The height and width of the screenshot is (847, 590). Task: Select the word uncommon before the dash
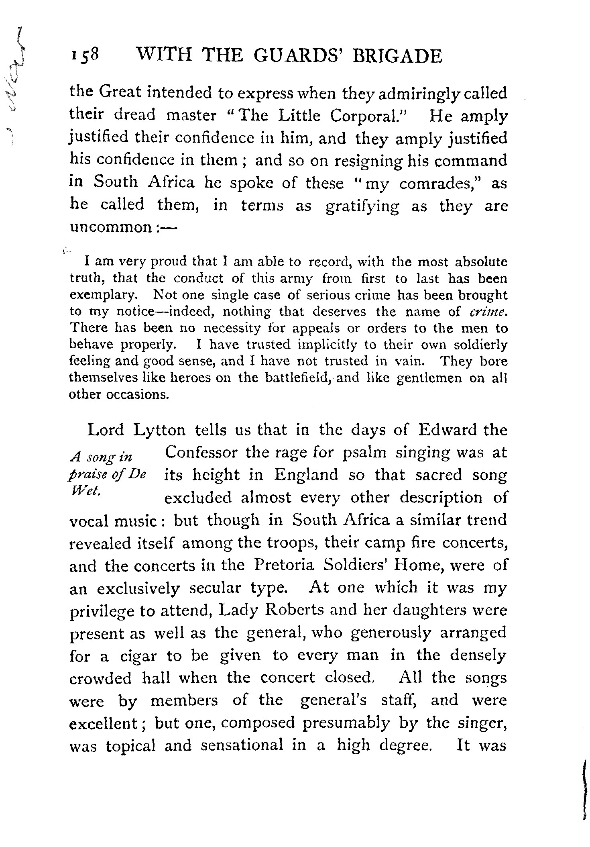pos(110,228)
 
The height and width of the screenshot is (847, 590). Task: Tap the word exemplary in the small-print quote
pos(104,295)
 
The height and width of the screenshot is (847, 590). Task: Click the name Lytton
pos(159,431)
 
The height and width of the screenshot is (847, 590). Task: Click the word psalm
pos(365,453)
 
